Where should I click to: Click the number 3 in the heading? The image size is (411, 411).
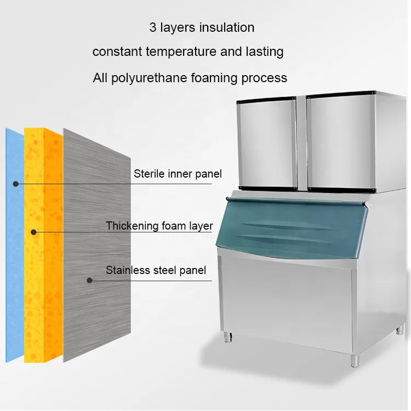[153, 27]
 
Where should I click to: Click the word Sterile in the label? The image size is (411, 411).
[150, 174]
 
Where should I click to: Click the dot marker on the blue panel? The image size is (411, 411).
[16, 184]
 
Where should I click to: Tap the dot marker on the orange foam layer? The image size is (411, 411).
[34, 232]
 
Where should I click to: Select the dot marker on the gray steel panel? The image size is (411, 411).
[89, 280]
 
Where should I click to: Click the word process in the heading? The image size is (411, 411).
[265, 78]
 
